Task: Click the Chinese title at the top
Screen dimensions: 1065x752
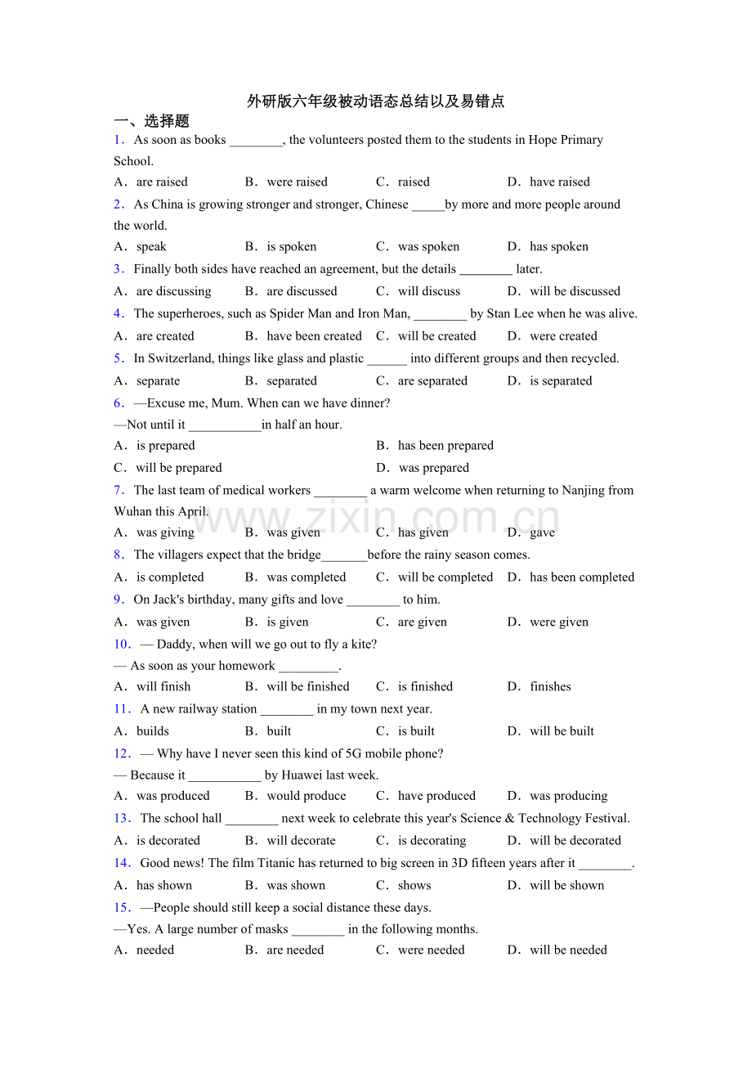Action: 376,101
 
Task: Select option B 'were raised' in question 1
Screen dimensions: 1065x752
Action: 296,182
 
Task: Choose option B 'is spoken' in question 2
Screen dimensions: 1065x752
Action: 291,246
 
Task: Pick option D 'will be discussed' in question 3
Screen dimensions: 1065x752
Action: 574,291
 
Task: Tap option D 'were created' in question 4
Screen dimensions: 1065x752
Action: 562,335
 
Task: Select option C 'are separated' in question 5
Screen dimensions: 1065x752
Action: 432,380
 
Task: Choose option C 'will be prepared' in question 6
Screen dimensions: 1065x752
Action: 178,468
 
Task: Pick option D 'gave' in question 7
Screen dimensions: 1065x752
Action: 541,532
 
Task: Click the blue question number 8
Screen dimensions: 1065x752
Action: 119,555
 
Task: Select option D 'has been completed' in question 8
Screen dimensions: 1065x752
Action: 581,577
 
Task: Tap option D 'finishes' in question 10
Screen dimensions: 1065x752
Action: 549,686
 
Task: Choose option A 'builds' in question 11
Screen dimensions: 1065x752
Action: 152,731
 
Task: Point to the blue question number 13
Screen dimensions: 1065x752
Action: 122,818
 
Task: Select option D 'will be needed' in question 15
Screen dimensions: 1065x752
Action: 567,950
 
